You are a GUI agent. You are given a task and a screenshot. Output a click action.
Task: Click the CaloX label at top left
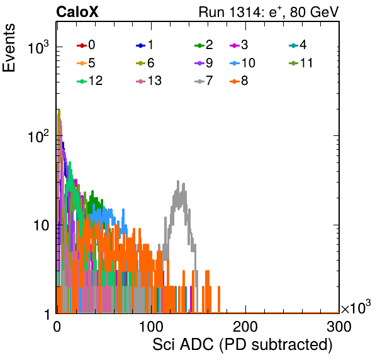click(x=77, y=12)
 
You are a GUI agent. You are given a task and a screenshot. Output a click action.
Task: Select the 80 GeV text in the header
click(x=314, y=12)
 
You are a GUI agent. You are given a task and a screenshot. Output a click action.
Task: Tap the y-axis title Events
click(x=9, y=48)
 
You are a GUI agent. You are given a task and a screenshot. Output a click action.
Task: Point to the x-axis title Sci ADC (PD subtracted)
click(x=242, y=345)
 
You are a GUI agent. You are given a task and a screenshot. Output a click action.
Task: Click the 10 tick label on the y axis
click(x=41, y=225)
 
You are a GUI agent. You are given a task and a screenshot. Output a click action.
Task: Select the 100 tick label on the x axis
click(x=151, y=327)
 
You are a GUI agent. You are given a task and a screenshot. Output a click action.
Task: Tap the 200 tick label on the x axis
click(x=245, y=327)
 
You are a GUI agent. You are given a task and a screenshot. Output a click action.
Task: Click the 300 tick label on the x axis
click(x=339, y=327)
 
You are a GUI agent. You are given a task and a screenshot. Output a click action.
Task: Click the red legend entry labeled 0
click(x=86, y=45)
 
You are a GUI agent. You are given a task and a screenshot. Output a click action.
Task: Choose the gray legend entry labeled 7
click(x=203, y=81)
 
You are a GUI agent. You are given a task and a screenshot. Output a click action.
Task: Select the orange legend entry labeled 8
click(x=238, y=81)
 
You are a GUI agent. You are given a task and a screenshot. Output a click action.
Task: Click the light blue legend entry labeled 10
click(x=242, y=63)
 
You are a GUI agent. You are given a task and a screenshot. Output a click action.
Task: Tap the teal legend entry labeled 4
click(x=298, y=45)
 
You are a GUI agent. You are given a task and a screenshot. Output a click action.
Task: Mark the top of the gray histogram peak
click(x=178, y=181)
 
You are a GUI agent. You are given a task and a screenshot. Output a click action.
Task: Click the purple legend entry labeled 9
click(x=203, y=63)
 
